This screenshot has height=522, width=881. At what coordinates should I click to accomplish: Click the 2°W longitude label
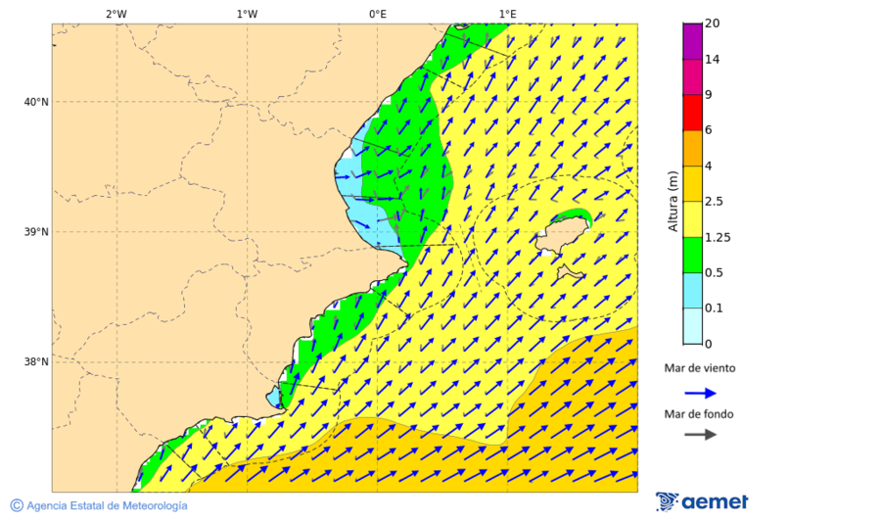pos(116,14)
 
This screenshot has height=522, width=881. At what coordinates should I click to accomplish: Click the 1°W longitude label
pos(247,14)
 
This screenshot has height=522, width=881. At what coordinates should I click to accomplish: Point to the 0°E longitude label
pos(377,14)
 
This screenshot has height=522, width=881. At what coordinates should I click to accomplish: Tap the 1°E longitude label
pos(507,14)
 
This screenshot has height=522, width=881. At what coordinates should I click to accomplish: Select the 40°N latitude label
pos(36,102)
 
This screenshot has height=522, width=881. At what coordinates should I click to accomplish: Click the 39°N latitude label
pos(36,232)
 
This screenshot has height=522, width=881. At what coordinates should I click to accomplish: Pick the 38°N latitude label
pos(36,362)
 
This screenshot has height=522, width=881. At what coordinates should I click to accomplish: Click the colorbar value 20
pos(712,24)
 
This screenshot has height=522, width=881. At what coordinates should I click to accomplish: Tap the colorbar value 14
pos(712,59)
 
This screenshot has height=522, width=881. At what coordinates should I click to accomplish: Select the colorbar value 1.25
pos(718,237)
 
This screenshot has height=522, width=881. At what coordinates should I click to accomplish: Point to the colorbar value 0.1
pos(714,308)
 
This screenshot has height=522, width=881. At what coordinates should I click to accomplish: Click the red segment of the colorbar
pos(692,113)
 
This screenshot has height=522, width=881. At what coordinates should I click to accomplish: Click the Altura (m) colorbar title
pos(672,202)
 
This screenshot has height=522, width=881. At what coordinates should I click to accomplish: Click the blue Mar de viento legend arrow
pos(700,393)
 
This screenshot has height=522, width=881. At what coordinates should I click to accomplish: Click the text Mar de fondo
pos(699,414)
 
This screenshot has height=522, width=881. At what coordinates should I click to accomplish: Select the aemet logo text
pos(715,502)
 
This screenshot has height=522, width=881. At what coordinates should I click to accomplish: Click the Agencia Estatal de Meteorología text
pos(107,505)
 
